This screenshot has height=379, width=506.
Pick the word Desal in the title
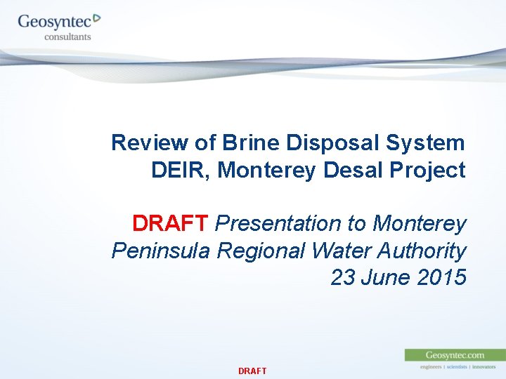point(351,171)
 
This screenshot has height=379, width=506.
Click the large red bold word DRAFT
point(170,224)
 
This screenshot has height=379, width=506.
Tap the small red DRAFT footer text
point(252,371)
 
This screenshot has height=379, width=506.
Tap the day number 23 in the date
point(343,278)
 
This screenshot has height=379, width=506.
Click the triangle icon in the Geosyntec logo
point(97,18)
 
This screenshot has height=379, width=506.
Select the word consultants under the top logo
point(67,36)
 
